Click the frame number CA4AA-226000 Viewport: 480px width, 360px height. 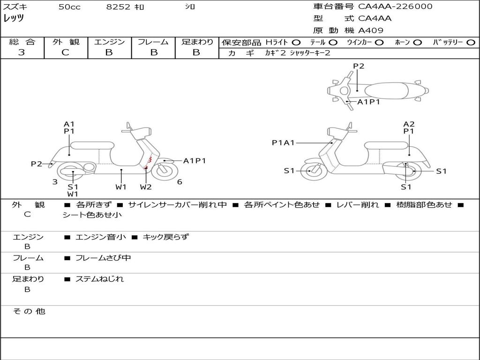(x=395, y=7)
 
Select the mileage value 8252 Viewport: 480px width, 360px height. (x=118, y=7)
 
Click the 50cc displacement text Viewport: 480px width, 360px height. (x=69, y=7)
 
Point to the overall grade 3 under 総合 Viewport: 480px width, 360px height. (x=22, y=52)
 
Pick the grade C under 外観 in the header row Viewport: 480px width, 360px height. (x=65, y=52)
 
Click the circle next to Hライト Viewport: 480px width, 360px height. (x=296, y=43)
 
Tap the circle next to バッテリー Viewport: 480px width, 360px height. (x=471, y=43)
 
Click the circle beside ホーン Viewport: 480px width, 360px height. (x=418, y=43)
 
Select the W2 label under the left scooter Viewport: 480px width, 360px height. (x=146, y=187)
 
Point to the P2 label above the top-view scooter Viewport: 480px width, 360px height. (x=359, y=66)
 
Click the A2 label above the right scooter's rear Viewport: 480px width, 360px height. (x=409, y=124)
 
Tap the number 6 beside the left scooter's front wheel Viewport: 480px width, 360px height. (x=180, y=182)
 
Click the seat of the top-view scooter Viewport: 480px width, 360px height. (x=386, y=90)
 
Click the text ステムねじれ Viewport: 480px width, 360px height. (x=99, y=279)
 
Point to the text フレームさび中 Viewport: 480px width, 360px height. (x=103, y=258)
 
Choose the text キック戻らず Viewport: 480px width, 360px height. (x=166, y=237)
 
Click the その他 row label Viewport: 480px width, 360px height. (x=29, y=311)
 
